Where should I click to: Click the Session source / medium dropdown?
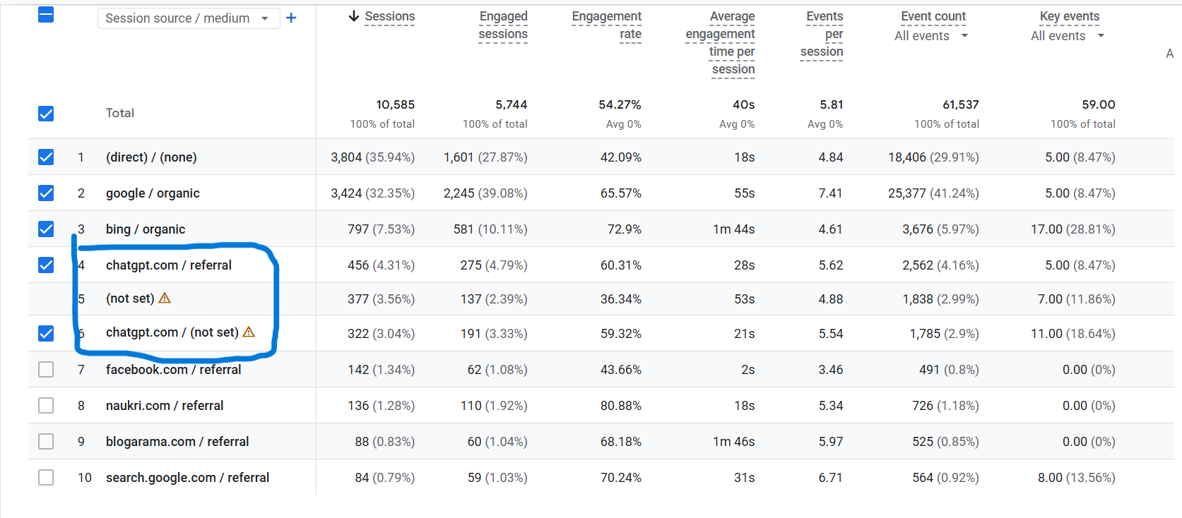point(187,18)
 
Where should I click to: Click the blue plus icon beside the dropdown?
point(291,18)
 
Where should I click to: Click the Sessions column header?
point(389,16)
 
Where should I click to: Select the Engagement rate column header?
point(607,25)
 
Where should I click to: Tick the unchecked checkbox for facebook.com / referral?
point(46,369)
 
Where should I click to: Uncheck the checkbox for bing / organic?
point(46,229)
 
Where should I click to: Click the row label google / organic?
point(153,193)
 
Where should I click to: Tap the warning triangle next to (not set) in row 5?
point(165,298)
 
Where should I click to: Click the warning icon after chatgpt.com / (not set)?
point(249,332)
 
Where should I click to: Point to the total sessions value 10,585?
point(395,104)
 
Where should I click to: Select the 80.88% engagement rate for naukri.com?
point(620,406)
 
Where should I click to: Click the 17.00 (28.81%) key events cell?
point(1072,229)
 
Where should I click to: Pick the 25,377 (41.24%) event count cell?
point(933,193)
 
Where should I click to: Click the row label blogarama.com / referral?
point(177,442)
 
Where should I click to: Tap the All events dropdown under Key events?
point(1067,36)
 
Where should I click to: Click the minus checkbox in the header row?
point(46,14)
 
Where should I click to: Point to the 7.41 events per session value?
point(830,193)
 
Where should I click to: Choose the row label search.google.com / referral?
point(187,478)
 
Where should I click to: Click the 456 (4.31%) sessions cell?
point(381,265)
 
